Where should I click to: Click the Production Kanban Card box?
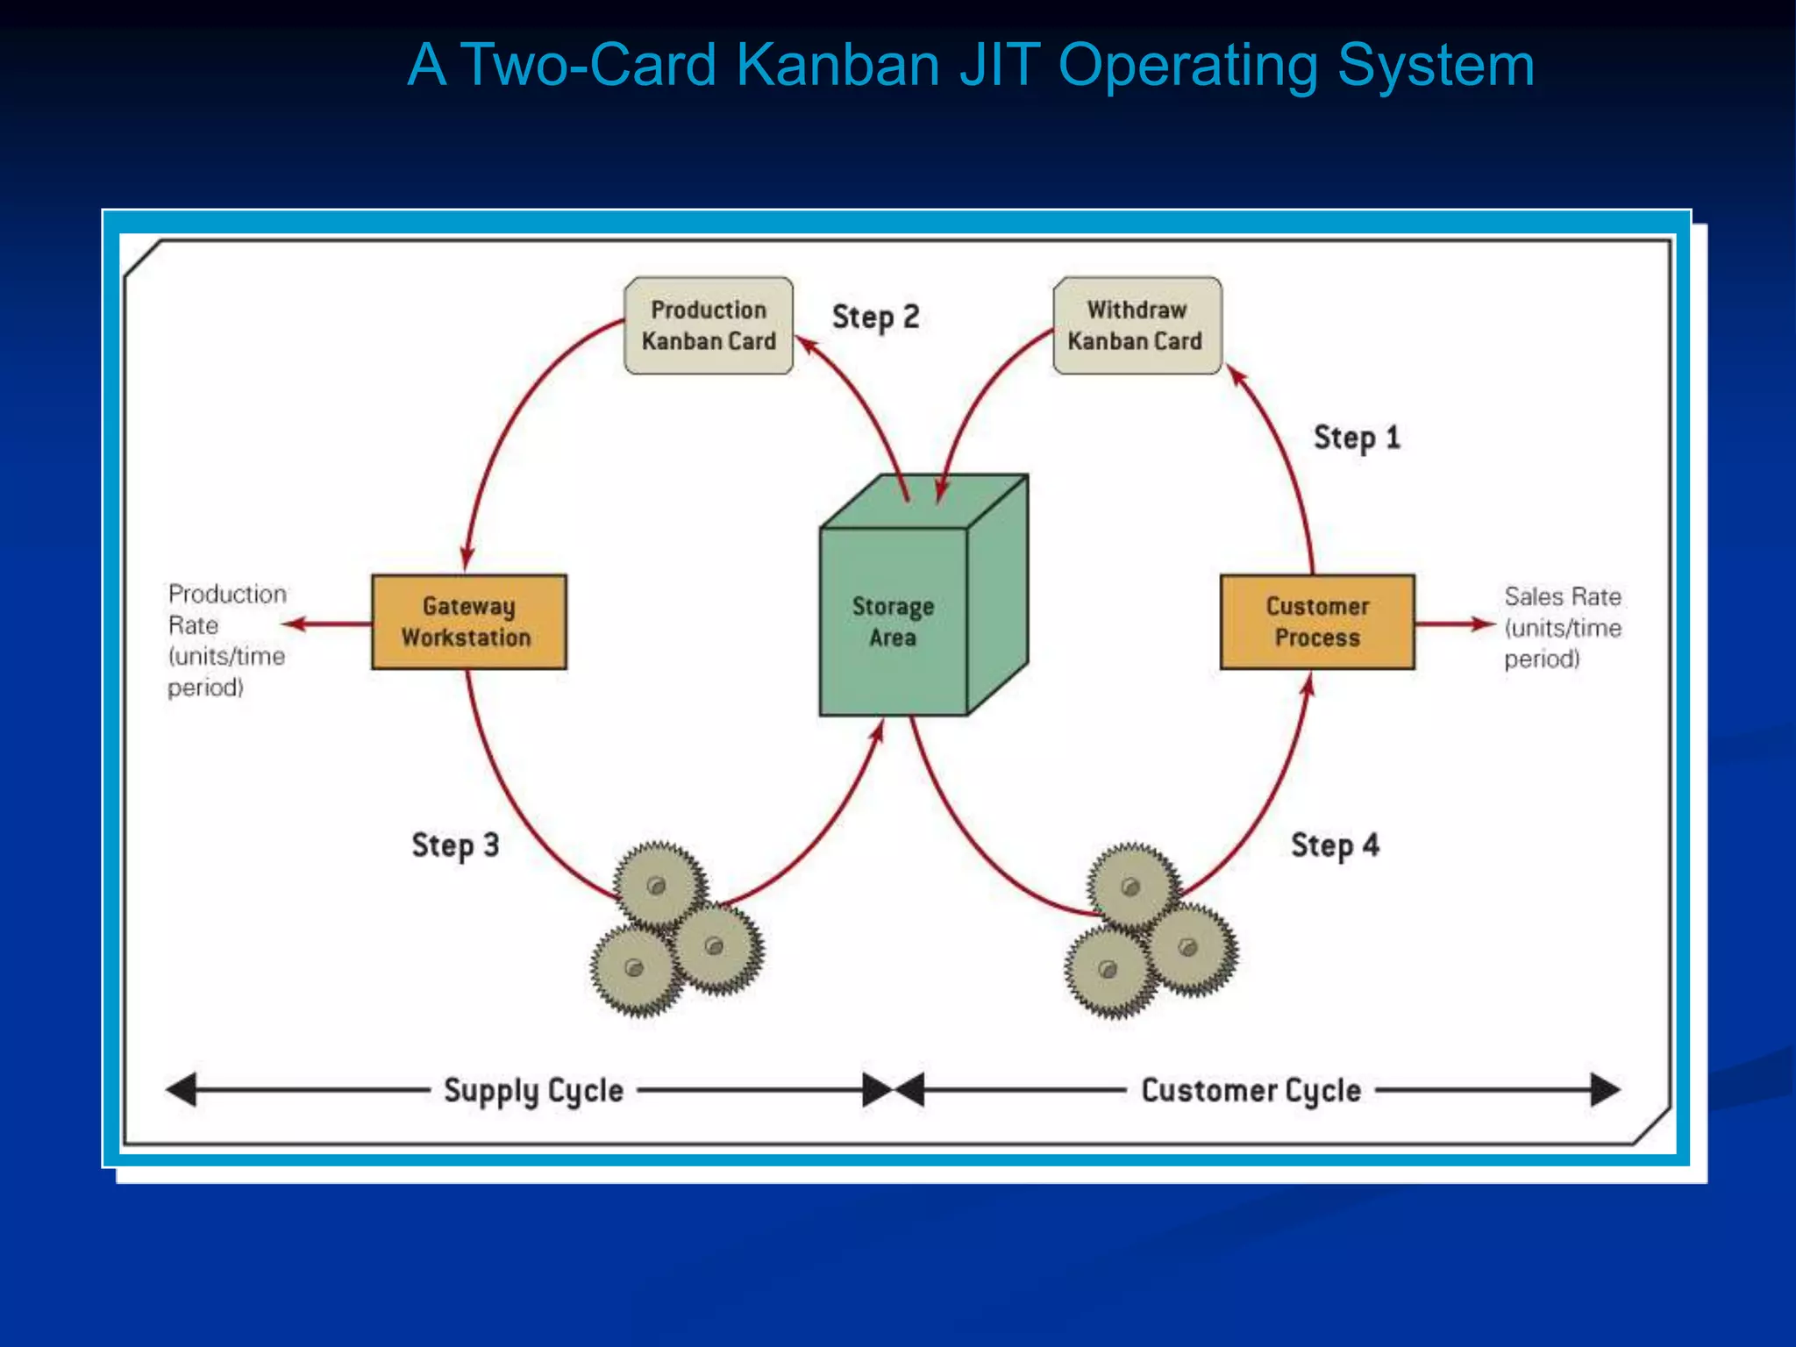(x=709, y=326)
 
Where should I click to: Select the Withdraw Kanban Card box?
(x=1137, y=326)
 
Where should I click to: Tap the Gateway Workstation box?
(x=468, y=622)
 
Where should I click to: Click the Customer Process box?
(x=1317, y=622)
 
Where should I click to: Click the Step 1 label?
(x=1356, y=438)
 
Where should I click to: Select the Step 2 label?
(x=875, y=317)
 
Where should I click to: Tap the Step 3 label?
(x=455, y=845)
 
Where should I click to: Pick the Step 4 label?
(x=1335, y=845)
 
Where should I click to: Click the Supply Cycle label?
(x=533, y=1091)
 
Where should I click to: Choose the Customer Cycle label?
(x=1251, y=1091)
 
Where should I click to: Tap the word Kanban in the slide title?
(x=837, y=66)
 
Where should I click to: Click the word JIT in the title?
(x=999, y=66)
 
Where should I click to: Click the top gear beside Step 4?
(x=1132, y=886)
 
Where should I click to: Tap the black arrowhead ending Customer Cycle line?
(x=1605, y=1090)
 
